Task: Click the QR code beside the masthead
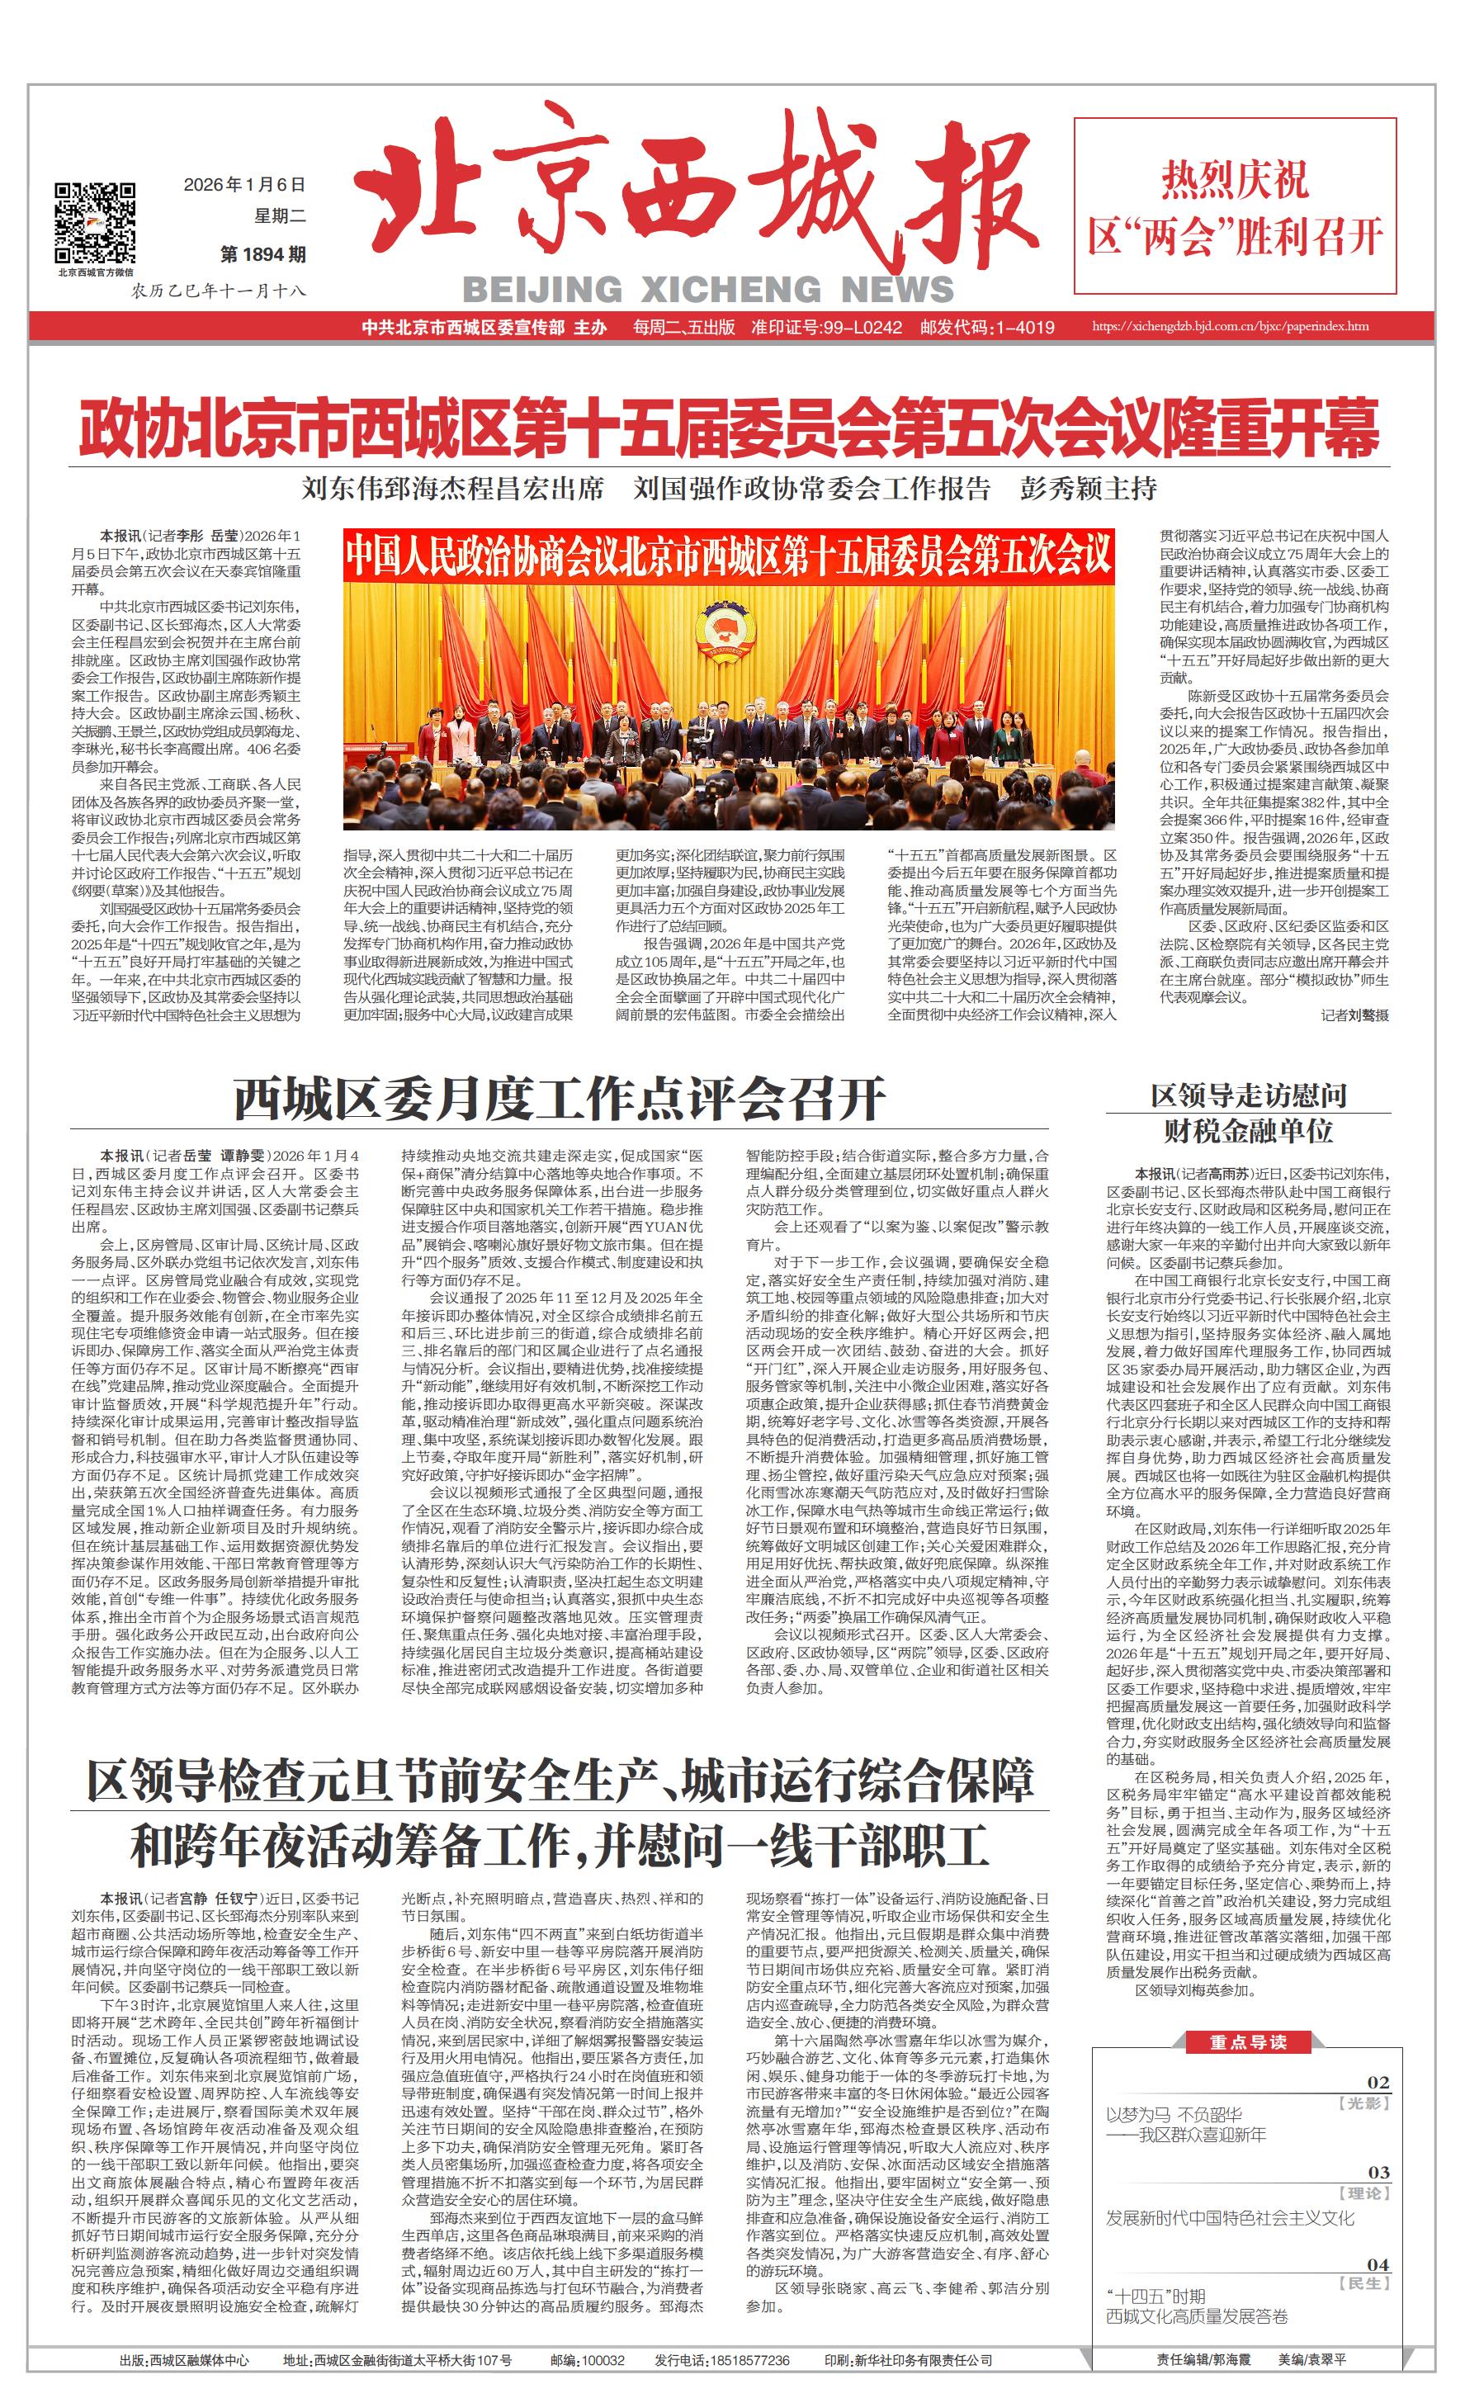(95, 222)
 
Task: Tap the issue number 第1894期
(263, 254)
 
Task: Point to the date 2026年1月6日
(243, 184)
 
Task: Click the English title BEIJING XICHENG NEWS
(708, 289)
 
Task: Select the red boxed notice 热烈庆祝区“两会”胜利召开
(1235, 206)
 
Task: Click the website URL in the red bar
(1229, 327)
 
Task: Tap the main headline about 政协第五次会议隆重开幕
(730, 428)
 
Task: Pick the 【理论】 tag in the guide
(1364, 2193)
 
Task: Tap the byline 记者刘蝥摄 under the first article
(1354, 1015)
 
